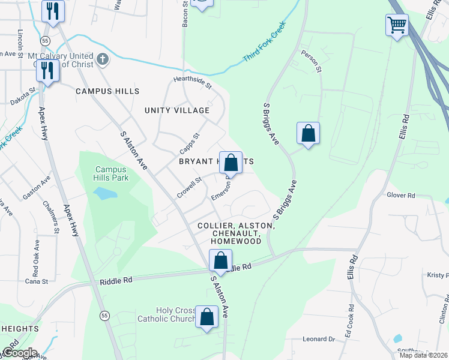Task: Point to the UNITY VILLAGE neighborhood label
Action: (177, 110)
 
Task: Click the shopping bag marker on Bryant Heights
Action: (231, 163)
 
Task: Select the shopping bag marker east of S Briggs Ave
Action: (308, 133)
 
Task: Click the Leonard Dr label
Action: (318, 339)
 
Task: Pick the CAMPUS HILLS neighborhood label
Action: (107, 91)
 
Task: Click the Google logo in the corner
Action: (19, 353)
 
